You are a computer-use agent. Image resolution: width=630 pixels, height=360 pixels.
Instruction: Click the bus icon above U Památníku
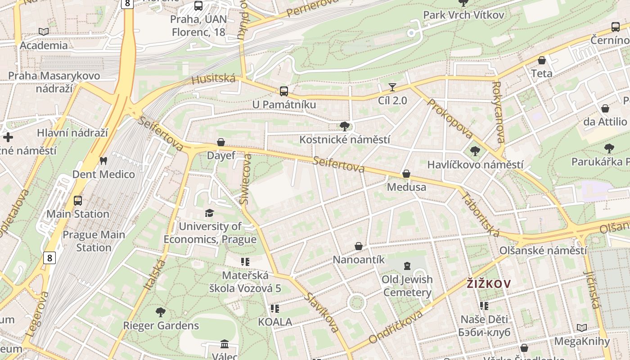pyautogui.click(x=284, y=91)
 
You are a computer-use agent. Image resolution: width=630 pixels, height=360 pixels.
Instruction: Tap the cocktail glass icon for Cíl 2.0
pyautogui.click(x=392, y=87)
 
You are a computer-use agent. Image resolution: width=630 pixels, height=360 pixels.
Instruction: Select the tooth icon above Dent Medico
pyautogui.click(x=103, y=161)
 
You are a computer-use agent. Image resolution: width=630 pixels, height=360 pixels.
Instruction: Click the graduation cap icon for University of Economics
pyautogui.click(x=210, y=213)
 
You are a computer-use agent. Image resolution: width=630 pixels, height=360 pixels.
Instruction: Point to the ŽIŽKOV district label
pyautogui.click(x=489, y=284)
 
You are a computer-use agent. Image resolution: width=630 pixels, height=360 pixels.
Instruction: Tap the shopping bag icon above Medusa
pyautogui.click(x=406, y=174)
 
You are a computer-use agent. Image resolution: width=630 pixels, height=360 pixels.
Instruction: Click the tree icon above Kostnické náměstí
pyautogui.click(x=345, y=126)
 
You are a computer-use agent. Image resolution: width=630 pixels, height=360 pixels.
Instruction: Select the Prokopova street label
pyautogui.click(x=450, y=119)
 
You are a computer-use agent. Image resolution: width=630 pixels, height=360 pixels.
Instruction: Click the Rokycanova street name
pyautogui.click(x=498, y=112)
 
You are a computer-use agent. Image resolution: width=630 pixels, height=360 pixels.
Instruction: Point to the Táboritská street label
pyautogui.click(x=480, y=216)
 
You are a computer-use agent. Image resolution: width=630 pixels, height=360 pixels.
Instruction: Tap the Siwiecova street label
pyautogui.click(x=246, y=179)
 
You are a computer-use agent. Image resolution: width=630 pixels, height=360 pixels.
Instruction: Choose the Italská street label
pyautogui.click(x=153, y=270)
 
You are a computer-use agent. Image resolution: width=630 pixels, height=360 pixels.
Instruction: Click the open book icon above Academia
pyautogui.click(x=44, y=31)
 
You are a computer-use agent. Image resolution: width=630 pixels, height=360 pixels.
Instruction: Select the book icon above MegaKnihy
pyautogui.click(x=582, y=328)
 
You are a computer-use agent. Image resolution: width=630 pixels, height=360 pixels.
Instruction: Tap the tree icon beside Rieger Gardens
pyautogui.click(x=160, y=312)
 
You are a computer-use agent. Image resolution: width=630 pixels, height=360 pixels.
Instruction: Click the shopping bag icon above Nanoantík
pyautogui.click(x=359, y=246)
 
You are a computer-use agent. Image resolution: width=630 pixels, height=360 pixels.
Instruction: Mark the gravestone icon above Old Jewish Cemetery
pyautogui.click(x=407, y=266)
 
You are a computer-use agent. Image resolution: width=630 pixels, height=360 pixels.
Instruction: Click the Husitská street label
pyautogui.click(x=214, y=80)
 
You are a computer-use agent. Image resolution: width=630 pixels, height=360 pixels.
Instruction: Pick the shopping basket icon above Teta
pyautogui.click(x=542, y=60)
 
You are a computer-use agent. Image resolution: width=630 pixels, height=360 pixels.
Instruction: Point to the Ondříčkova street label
pyautogui.click(x=396, y=327)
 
